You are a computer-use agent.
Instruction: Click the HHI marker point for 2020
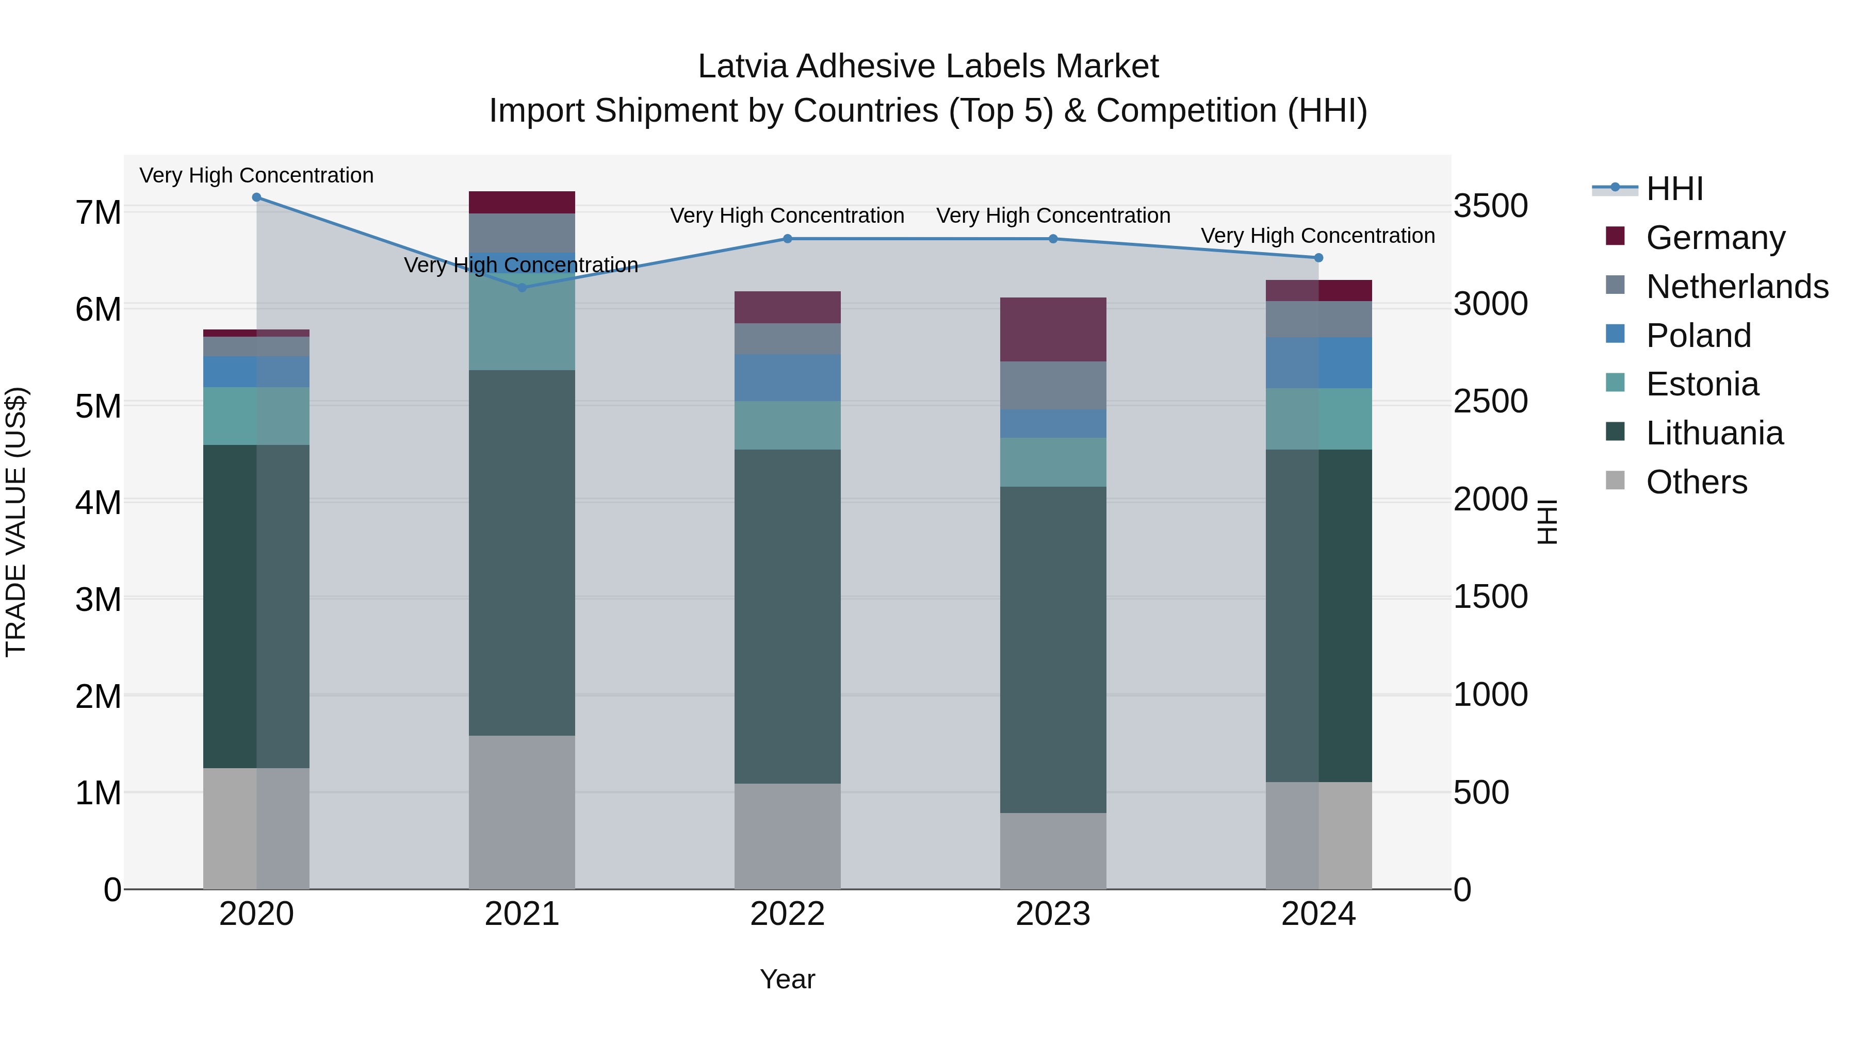(x=257, y=197)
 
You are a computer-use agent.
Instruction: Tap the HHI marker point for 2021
(x=522, y=288)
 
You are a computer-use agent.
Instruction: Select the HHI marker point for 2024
(x=1318, y=258)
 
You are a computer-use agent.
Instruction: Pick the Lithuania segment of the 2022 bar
(x=787, y=616)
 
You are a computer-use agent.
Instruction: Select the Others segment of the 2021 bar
(x=522, y=812)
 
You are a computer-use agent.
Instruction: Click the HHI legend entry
(x=1674, y=189)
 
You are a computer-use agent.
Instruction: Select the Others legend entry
(x=1696, y=482)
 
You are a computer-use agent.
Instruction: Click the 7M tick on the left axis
(x=98, y=212)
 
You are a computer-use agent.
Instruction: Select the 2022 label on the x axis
(x=787, y=914)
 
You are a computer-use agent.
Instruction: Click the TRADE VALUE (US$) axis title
(x=16, y=522)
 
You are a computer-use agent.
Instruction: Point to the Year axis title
(x=787, y=979)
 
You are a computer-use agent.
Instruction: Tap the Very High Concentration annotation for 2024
(x=1318, y=236)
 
